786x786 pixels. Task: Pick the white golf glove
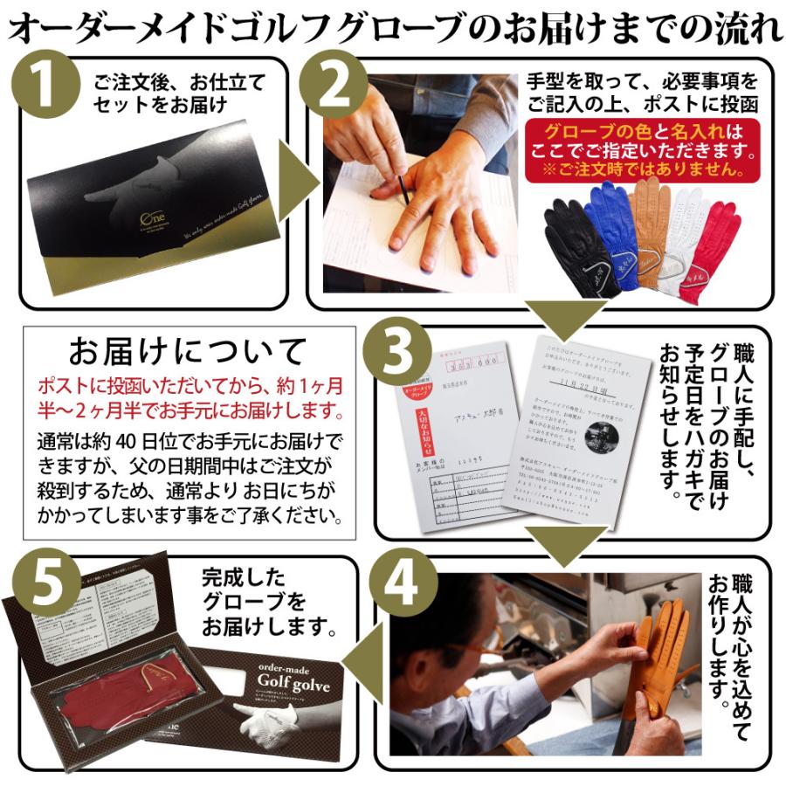tap(689, 231)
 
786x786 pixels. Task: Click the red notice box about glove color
tap(643, 150)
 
